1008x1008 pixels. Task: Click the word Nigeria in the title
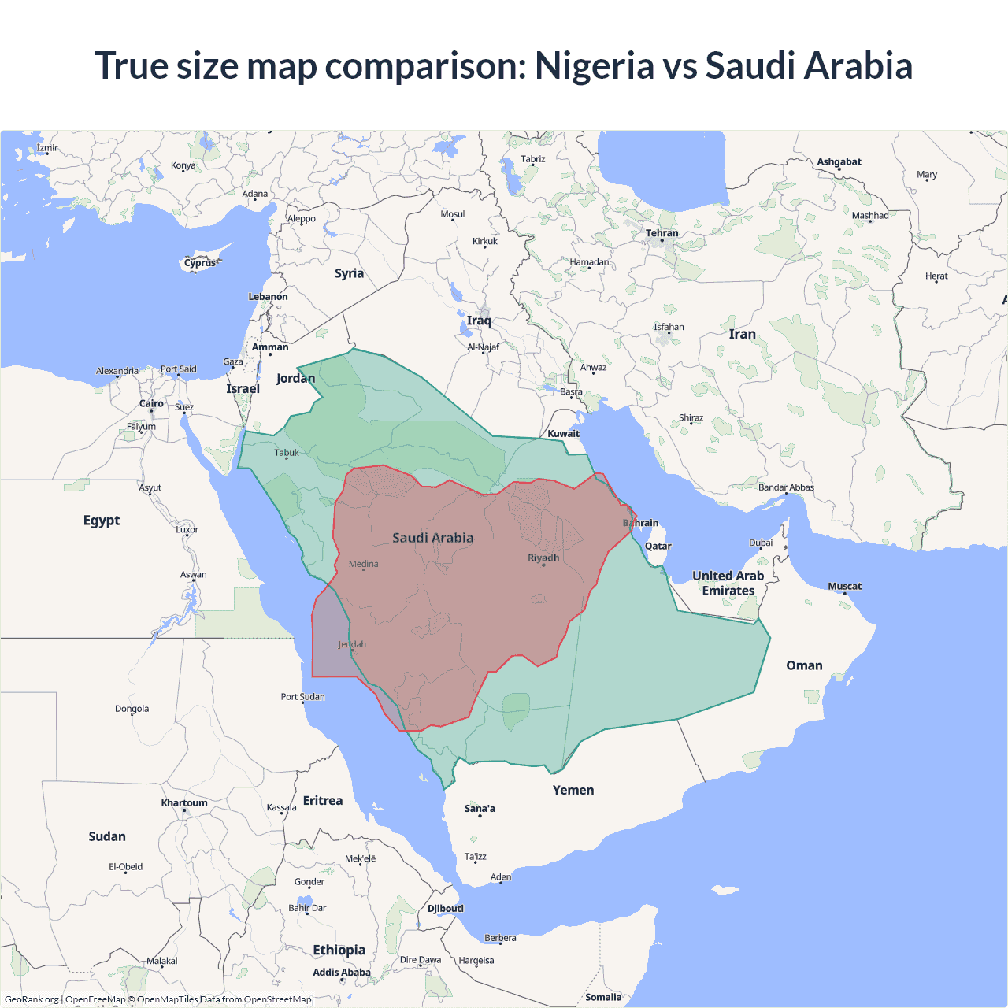coord(594,65)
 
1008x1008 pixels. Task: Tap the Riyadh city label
coord(543,558)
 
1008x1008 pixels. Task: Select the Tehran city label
coord(661,233)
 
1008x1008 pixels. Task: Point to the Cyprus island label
coord(200,263)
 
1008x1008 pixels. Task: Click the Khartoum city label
coord(184,803)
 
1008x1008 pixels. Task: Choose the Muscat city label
coord(844,586)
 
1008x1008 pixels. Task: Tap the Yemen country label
coord(573,790)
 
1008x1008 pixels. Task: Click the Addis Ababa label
coord(341,973)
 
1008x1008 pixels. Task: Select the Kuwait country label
coord(563,433)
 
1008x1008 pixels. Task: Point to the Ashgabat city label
coord(839,161)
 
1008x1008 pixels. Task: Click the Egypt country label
coord(102,521)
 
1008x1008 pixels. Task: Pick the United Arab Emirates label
coord(728,584)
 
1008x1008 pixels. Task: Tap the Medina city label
coord(363,564)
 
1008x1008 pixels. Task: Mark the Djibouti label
coord(446,908)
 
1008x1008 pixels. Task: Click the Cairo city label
coord(151,403)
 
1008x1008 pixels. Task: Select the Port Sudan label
coord(302,696)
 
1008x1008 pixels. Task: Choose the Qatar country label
coord(658,546)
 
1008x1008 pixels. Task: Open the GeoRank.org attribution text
coord(31,999)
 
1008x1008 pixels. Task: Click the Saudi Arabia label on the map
coord(433,538)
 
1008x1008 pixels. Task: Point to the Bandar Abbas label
coord(786,487)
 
